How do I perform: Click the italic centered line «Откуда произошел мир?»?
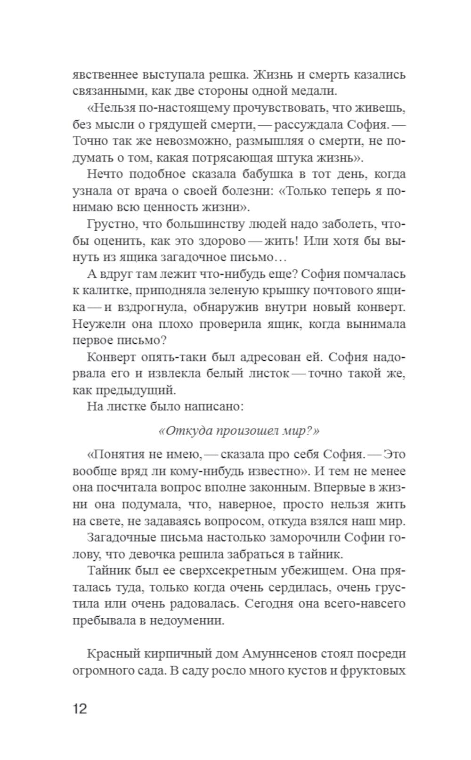239,431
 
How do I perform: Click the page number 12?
80,708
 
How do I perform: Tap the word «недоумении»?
187,620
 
